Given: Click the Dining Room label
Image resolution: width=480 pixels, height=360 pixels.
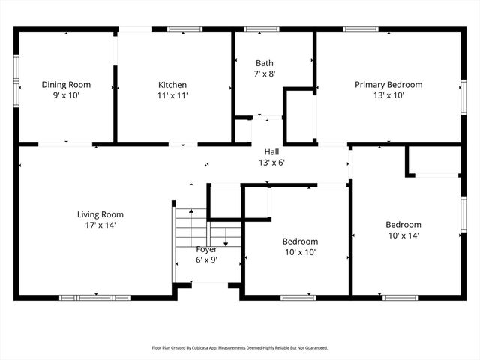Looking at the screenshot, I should tap(66, 85).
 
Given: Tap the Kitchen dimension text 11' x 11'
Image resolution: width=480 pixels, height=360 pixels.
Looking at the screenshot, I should tap(172, 95).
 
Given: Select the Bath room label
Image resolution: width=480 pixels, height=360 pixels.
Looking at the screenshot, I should tap(265, 63).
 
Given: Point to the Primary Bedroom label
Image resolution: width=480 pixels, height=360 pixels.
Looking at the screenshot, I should tap(388, 85).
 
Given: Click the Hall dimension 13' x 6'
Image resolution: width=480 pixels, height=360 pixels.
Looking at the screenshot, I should tap(271, 162).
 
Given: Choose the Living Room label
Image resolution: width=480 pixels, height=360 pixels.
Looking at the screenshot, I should tap(100, 214).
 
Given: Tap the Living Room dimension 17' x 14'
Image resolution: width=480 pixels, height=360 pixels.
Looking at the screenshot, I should tap(100, 225).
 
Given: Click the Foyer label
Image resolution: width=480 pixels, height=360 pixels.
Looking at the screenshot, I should tap(206, 249).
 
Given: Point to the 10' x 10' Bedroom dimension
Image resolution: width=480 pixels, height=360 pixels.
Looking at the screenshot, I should tap(300, 252).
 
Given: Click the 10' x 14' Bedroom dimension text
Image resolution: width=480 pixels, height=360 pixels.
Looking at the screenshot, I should tap(403, 235).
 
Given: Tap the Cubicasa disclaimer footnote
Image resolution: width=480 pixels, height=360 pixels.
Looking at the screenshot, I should tap(240, 347).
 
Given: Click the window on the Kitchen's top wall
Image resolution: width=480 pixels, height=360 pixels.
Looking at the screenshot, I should tap(184, 29).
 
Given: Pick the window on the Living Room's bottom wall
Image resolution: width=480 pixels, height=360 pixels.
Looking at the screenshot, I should tap(94, 298).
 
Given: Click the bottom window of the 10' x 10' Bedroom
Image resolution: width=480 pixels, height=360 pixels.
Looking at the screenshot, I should tap(298, 298).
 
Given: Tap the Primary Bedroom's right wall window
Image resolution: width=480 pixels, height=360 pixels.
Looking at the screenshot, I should tap(463, 97).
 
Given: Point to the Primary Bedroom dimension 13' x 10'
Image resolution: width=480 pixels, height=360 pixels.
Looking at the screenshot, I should tap(388, 95).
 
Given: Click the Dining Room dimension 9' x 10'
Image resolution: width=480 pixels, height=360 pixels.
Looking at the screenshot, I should tap(66, 95).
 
